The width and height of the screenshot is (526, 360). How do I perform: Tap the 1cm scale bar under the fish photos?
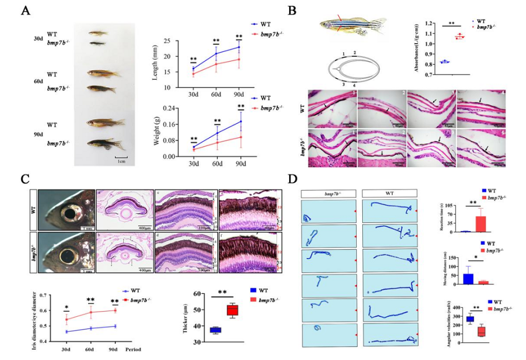pos(121,157)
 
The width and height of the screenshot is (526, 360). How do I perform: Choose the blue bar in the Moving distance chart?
pos(468,278)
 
